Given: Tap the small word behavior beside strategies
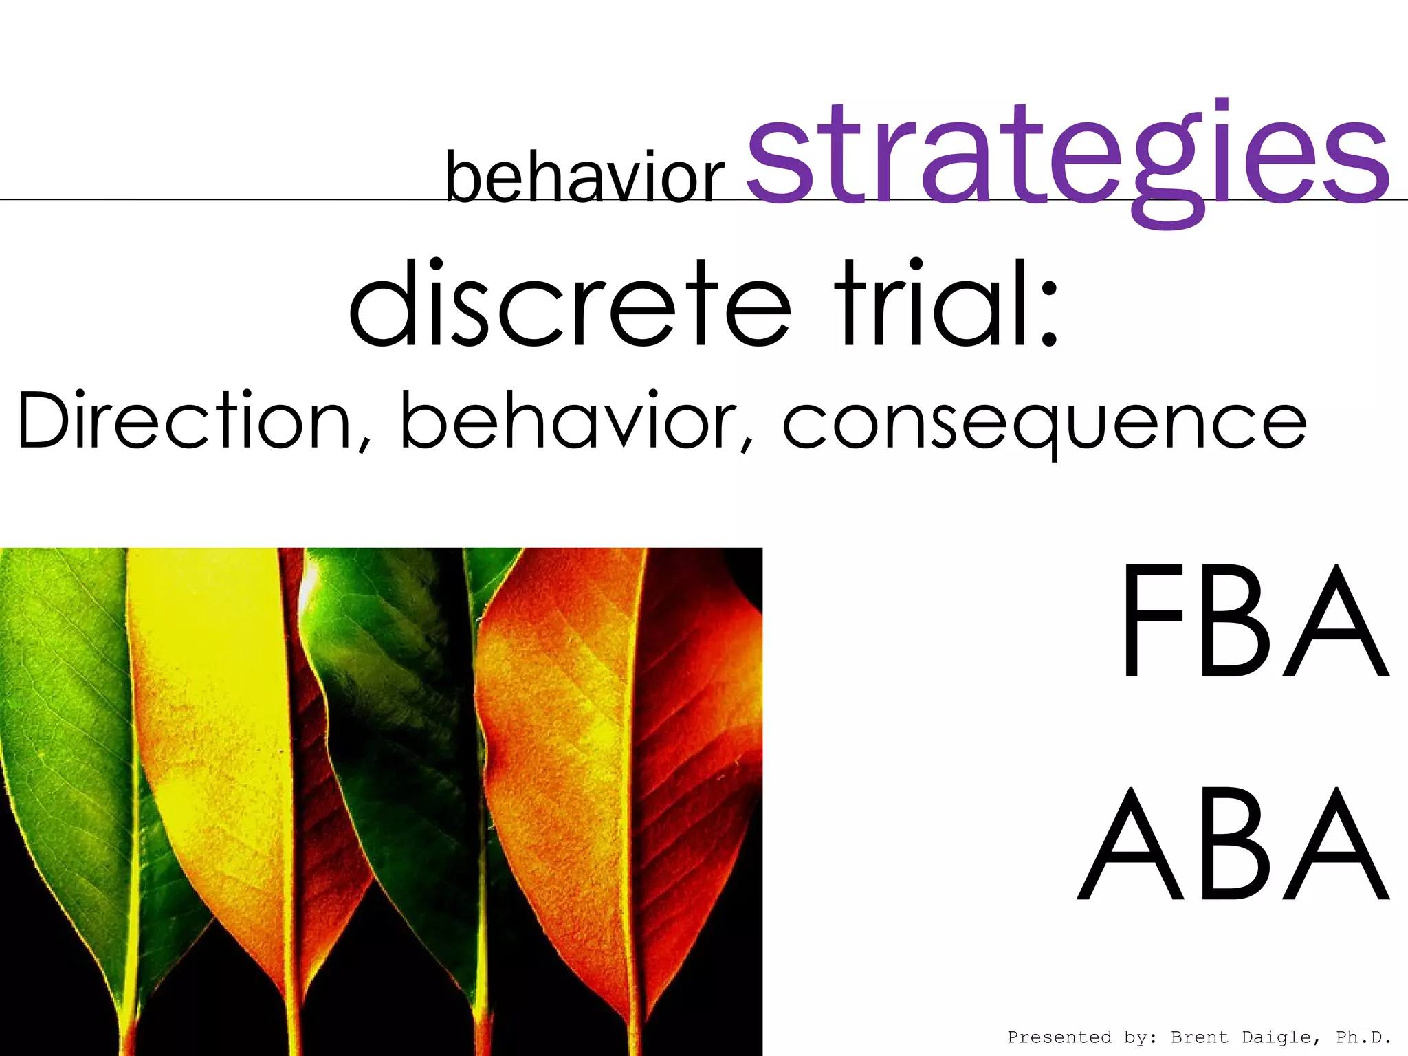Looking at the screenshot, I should coord(585,177).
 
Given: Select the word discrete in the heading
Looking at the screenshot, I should coord(571,302).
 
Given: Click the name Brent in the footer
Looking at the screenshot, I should coord(1199,1037).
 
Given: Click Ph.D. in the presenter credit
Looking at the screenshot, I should coord(1364,1037).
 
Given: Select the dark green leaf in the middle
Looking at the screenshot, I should coord(392,687).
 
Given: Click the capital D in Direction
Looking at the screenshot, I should coord(45,420).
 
